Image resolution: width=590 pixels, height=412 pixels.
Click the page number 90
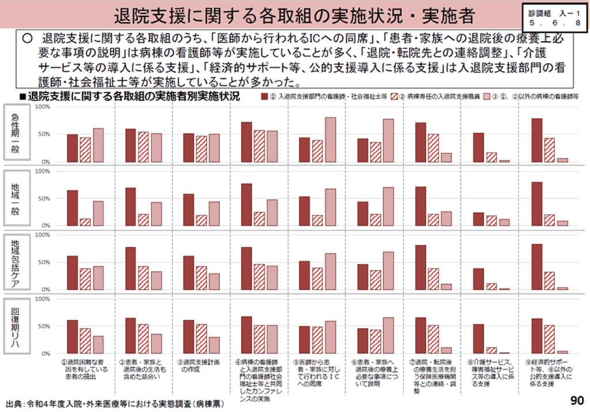(x=576, y=399)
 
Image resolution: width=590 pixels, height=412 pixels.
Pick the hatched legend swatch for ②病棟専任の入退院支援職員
(x=392, y=96)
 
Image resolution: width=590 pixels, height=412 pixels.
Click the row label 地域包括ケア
(x=17, y=261)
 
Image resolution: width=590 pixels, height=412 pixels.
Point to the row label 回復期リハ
(x=17, y=325)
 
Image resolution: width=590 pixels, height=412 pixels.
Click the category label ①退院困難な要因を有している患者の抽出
(x=84, y=370)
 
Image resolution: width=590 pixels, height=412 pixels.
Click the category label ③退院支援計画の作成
(x=201, y=366)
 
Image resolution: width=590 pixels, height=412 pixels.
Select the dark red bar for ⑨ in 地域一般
(x=536, y=203)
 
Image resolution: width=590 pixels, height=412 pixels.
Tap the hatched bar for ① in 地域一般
(x=85, y=222)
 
